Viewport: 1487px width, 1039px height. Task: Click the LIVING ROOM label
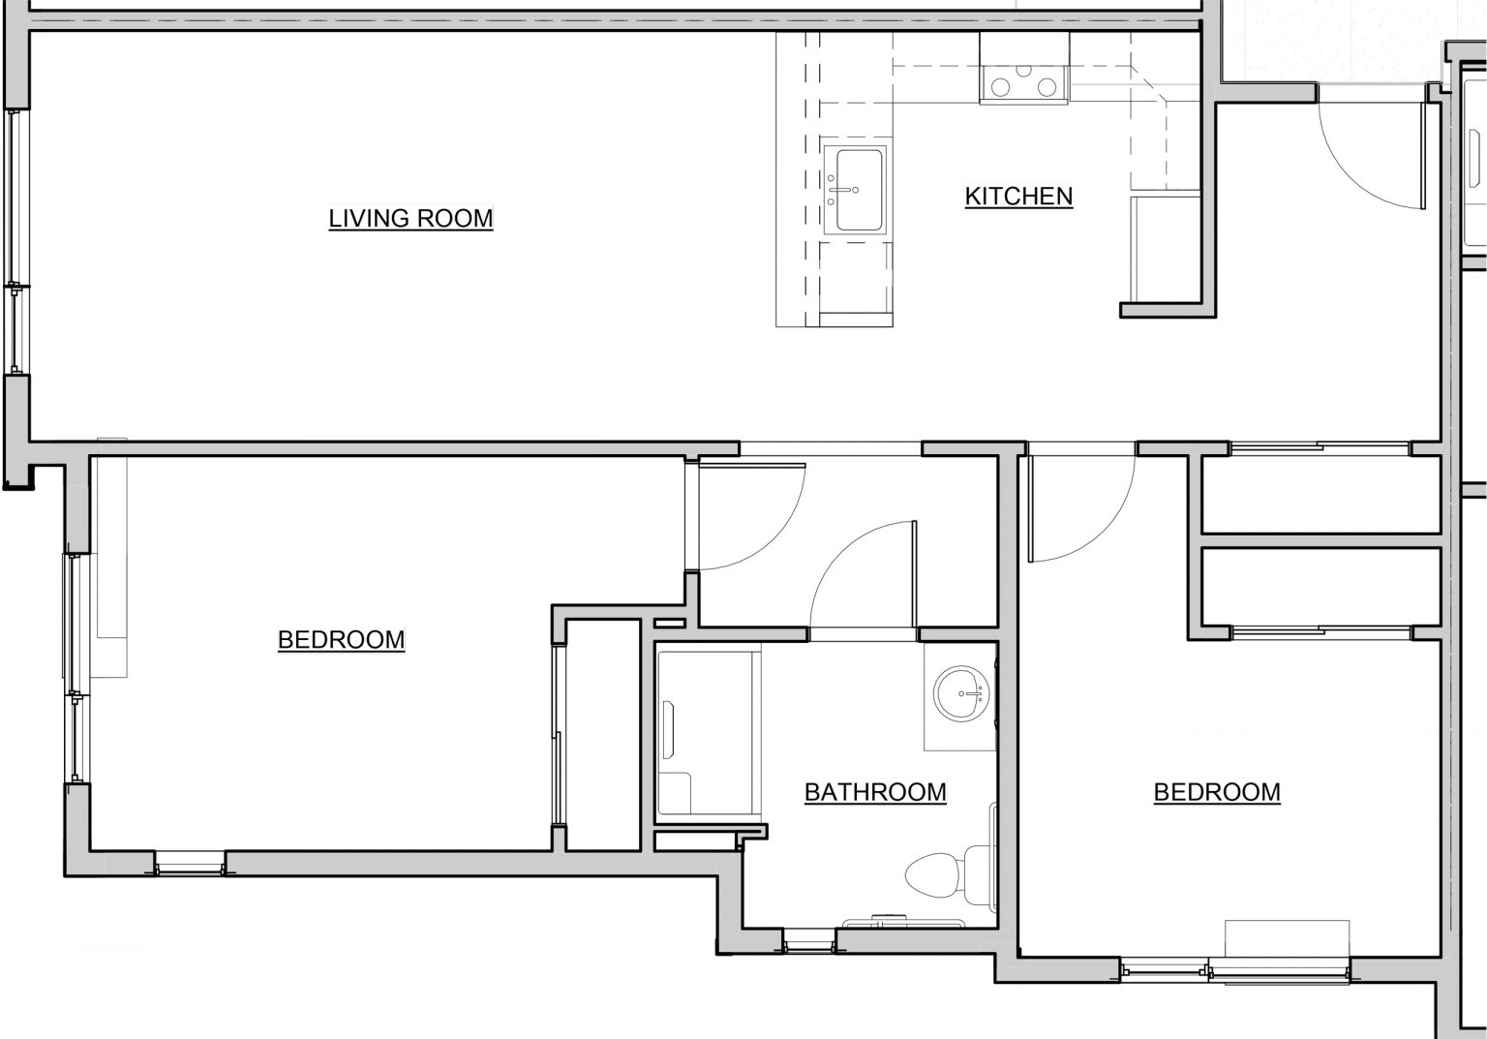point(410,218)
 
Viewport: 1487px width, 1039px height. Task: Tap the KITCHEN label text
point(1018,196)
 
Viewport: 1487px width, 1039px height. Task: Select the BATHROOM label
point(875,792)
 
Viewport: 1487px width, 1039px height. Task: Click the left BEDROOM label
point(341,640)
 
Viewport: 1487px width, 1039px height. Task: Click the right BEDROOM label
point(1217,792)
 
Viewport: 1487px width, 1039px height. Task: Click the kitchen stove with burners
point(1023,86)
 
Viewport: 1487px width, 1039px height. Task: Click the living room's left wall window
point(15,242)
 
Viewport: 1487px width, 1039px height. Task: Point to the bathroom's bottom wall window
point(808,940)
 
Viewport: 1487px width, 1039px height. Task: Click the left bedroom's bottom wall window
point(190,864)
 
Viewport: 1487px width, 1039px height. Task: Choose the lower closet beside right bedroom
point(1320,587)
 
